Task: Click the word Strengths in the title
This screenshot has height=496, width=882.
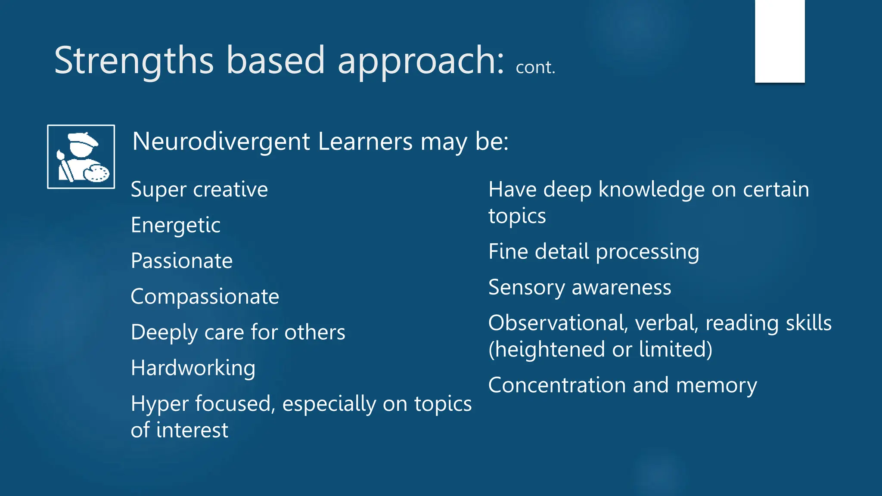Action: point(134,61)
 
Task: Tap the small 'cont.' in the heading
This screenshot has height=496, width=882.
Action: point(535,68)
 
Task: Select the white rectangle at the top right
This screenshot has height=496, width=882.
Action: point(780,41)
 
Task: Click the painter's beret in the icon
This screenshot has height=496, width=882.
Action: point(83,139)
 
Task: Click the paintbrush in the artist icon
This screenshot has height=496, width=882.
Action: point(64,166)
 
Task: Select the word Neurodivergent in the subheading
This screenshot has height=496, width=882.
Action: point(221,142)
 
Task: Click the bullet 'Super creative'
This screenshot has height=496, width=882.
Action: point(199,190)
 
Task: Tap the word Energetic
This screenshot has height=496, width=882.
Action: point(175,226)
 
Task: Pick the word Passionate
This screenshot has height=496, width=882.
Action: point(181,261)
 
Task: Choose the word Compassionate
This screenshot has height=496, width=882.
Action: point(205,297)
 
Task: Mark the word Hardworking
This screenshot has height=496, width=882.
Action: point(193,369)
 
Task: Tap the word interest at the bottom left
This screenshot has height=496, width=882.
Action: point(192,430)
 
